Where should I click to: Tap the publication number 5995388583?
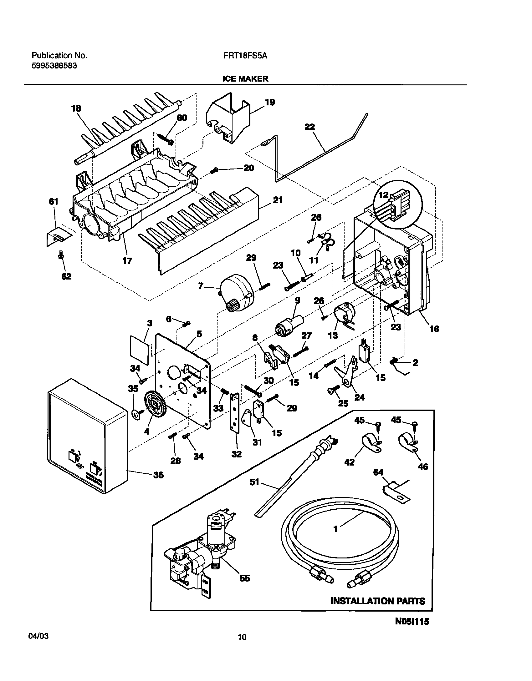click(x=54, y=66)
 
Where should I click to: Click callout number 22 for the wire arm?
click(x=309, y=127)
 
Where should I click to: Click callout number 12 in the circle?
click(x=383, y=195)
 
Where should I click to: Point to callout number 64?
click(x=378, y=472)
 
